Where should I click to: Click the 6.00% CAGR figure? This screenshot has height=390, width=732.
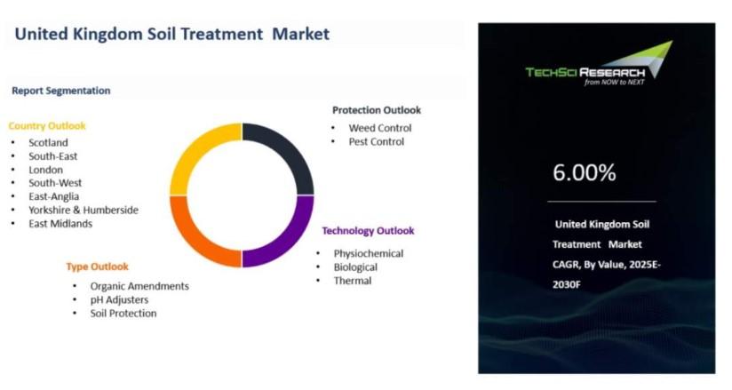tap(584, 172)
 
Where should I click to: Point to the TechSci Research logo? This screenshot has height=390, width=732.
tap(599, 64)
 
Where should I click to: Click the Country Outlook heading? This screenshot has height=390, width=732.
tap(47, 126)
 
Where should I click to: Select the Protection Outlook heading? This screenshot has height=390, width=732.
tap(377, 110)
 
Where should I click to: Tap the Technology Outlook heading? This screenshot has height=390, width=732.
tap(368, 231)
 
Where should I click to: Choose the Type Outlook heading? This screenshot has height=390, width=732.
tap(97, 267)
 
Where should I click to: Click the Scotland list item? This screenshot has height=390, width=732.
tap(48, 142)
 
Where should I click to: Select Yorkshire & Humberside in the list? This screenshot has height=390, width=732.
tap(84, 211)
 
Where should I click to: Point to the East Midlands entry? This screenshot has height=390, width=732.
tap(60, 224)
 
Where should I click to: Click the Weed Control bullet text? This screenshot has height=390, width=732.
tap(380, 128)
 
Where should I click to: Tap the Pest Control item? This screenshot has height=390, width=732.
tap(377, 141)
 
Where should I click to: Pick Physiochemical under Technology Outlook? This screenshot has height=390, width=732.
tap(369, 253)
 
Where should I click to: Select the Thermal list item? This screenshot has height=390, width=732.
tap(353, 281)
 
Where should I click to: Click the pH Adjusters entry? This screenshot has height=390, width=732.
tap(119, 300)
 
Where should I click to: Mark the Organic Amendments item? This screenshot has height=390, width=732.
tap(139, 286)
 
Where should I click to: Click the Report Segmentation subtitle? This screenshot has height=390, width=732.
tap(61, 91)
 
